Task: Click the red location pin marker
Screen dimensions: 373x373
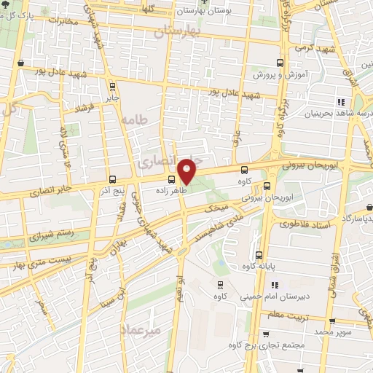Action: [187, 170]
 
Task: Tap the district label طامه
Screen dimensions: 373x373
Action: [136, 118]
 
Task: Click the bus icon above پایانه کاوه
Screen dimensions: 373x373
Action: [260, 254]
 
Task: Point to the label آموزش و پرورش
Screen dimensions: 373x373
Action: [278, 74]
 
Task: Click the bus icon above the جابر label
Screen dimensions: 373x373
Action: [111, 83]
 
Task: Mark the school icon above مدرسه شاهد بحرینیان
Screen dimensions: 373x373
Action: [340, 101]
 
